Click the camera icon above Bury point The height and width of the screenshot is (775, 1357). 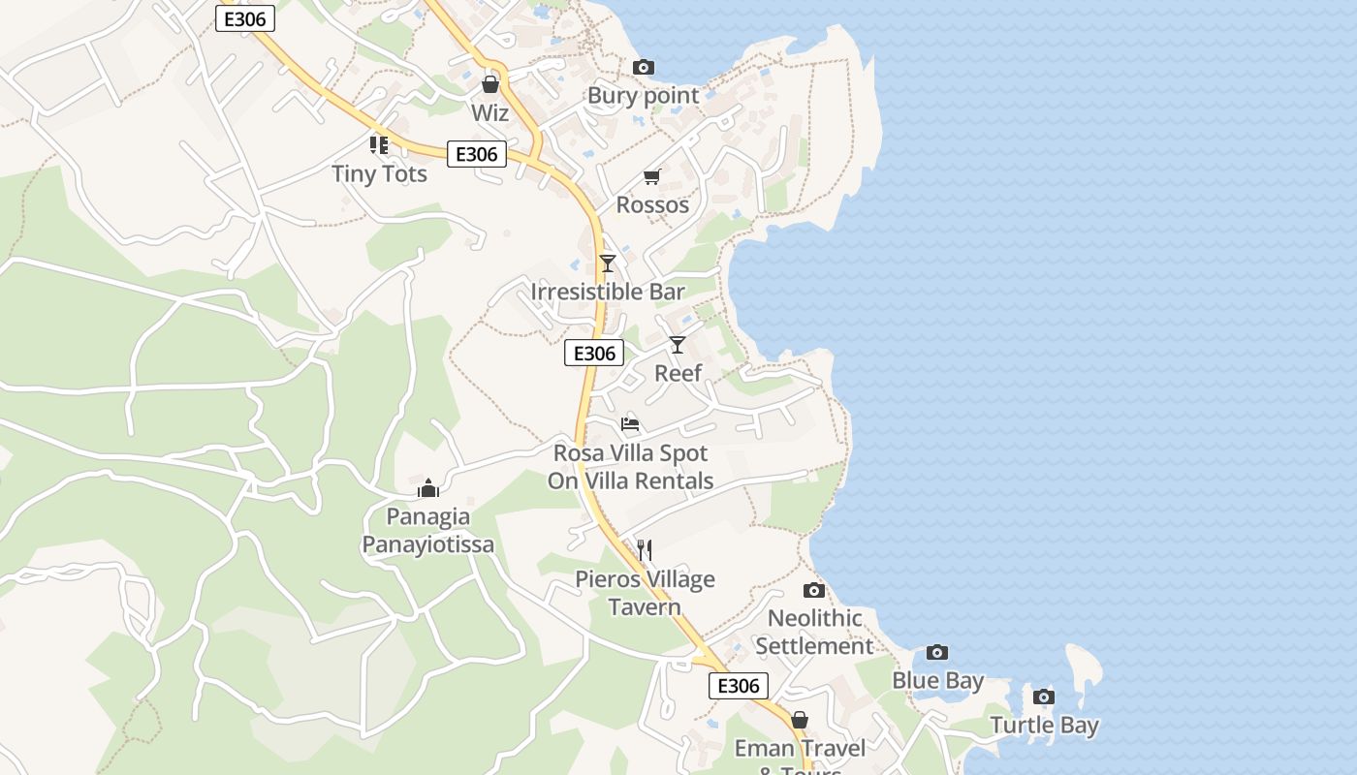[643, 67]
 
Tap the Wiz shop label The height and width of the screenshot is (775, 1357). [489, 112]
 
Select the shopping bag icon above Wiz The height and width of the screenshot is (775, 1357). [489, 84]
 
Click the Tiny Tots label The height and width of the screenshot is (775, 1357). [379, 174]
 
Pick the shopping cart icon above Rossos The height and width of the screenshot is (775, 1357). [651, 176]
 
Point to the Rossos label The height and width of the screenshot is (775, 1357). [652, 204]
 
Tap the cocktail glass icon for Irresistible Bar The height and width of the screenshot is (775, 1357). [608, 263]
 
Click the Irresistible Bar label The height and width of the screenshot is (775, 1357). [608, 292]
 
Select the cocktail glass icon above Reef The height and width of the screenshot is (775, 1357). [678, 344]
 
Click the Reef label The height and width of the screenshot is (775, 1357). [678, 373]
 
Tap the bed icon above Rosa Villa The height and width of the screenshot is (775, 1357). [630, 423]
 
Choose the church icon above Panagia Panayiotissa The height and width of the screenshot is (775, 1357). [427, 487]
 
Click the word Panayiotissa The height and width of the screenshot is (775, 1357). [427, 544]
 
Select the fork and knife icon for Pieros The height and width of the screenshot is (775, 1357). [645, 550]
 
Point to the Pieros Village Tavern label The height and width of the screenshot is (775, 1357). [645, 593]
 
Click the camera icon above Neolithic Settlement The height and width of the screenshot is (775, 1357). [814, 590]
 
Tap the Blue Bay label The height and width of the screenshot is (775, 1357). [937, 681]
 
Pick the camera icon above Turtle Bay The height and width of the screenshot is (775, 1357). [1044, 697]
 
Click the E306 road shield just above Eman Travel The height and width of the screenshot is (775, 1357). [739, 686]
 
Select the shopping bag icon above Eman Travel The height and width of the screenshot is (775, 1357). [800, 720]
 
